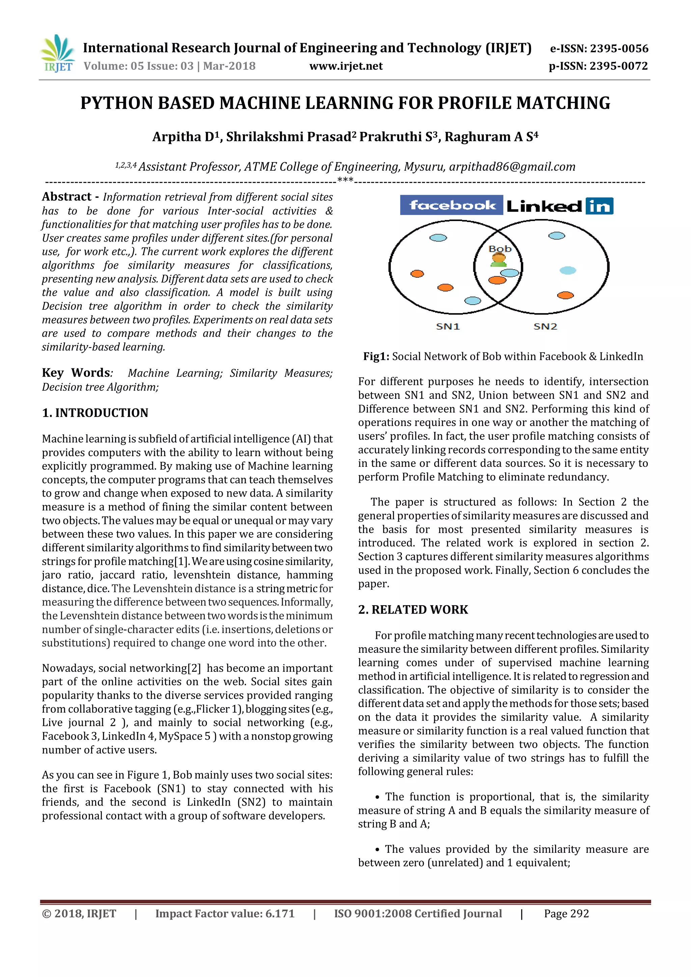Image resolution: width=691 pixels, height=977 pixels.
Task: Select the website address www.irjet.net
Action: coord(345,66)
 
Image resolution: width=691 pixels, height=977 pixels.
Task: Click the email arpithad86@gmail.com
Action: coord(512,167)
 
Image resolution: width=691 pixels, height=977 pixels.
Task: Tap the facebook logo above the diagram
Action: coord(451,205)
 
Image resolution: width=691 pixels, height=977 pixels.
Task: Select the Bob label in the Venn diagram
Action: coord(500,249)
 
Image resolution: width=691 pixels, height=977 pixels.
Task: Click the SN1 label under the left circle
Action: coord(448,326)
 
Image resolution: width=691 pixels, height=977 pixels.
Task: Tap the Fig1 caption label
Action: coord(376,357)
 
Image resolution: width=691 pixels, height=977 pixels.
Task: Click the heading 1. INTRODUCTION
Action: coord(95,413)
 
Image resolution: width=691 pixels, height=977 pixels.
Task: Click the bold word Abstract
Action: coord(66,197)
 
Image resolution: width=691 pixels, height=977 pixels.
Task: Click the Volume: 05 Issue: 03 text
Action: coord(138,66)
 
